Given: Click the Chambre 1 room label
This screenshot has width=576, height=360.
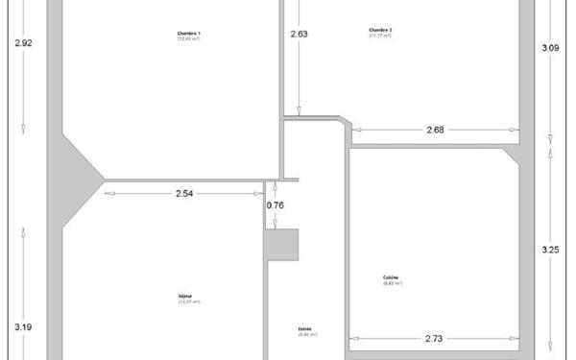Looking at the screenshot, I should [x=188, y=33].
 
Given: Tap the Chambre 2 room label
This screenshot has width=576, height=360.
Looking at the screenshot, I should [x=380, y=30].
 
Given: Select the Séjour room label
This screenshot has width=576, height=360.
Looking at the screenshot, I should [x=188, y=296].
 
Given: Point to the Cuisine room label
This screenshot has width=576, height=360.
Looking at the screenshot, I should [x=391, y=277].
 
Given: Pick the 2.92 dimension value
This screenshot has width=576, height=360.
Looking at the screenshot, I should [x=24, y=43].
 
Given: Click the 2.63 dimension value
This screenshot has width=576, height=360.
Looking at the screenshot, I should [x=300, y=35].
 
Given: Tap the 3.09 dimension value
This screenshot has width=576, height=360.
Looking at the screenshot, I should [x=550, y=47].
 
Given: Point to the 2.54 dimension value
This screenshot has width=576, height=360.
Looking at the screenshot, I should [x=185, y=193].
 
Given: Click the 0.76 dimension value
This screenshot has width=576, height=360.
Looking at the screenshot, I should [x=276, y=204].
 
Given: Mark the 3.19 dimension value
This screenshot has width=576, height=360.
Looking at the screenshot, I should [x=24, y=327].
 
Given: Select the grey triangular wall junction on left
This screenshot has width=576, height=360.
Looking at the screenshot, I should [x=79, y=180].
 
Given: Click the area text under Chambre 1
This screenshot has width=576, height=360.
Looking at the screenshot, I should [x=188, y=38].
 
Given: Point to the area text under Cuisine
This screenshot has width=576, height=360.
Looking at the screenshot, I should [x=391, y=283].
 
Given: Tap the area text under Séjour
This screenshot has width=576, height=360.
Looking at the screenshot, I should [x=188, y=301].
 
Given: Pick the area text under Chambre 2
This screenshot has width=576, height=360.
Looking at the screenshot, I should [x=380, y=36].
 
